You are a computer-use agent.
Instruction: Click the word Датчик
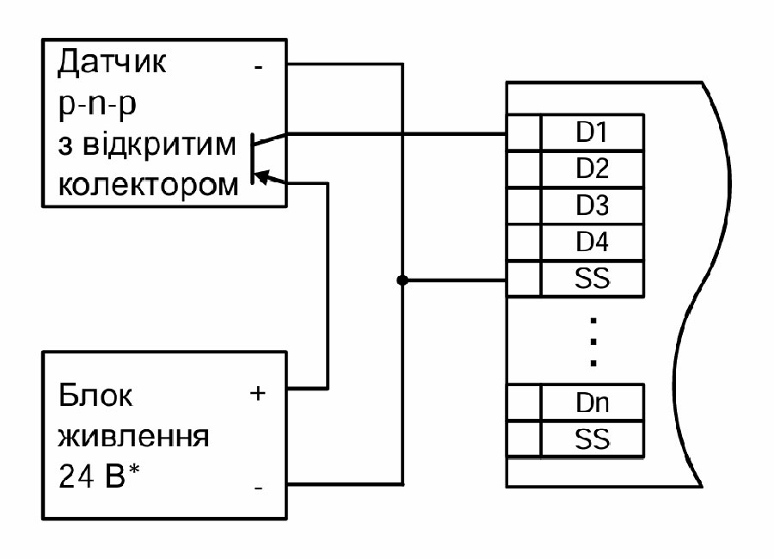point(113,64)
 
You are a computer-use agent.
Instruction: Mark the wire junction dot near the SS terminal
point(402,279)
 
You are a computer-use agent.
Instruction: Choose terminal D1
point(591,132)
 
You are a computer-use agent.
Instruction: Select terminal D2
point(591,169)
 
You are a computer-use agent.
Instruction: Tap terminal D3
point(591,206)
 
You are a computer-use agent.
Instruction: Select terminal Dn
point(591,402)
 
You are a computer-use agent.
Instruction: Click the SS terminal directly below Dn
point(591,439)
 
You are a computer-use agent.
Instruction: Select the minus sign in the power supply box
point(259,488)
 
